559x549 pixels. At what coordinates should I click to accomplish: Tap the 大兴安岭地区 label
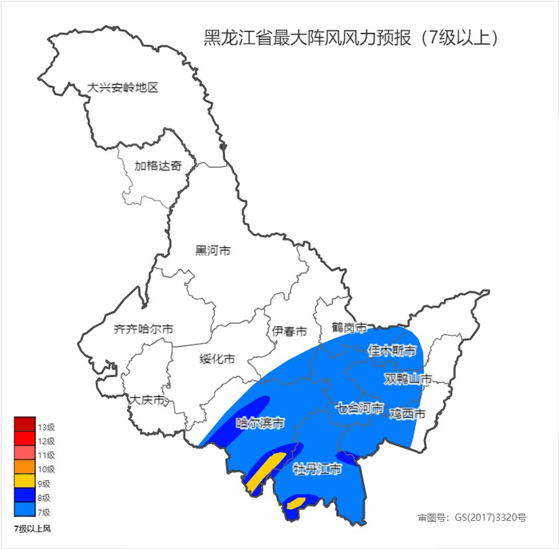123,87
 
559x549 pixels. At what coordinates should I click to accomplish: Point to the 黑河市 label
212,250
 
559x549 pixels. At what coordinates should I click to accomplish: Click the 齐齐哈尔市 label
144,328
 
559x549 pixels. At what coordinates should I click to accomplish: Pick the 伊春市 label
289,330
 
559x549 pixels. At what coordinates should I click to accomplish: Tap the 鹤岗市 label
349,328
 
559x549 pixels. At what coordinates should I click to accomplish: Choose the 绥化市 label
216,359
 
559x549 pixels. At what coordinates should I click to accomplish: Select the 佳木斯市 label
391,350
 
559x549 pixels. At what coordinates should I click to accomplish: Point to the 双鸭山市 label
408,378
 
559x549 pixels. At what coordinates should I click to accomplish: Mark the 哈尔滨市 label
260,422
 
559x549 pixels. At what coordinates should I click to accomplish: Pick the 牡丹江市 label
317,469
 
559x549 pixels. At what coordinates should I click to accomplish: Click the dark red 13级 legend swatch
24,424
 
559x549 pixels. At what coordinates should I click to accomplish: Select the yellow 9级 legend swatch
24,482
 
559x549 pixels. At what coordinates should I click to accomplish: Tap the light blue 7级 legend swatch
24,511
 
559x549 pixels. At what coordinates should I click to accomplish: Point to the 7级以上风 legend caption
32,529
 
